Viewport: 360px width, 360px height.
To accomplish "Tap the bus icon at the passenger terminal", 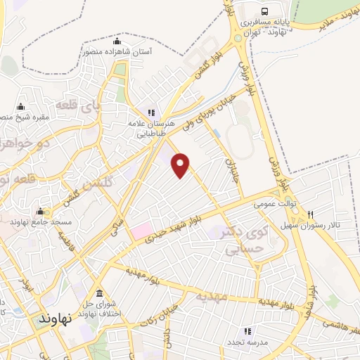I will tap(264, 11).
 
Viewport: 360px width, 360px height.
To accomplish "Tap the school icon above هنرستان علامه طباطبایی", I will tap(150, 112).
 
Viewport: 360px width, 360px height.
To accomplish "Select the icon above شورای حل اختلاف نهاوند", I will tap(98, 293).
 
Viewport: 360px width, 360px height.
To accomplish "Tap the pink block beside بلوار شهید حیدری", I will tap(141, 230).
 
